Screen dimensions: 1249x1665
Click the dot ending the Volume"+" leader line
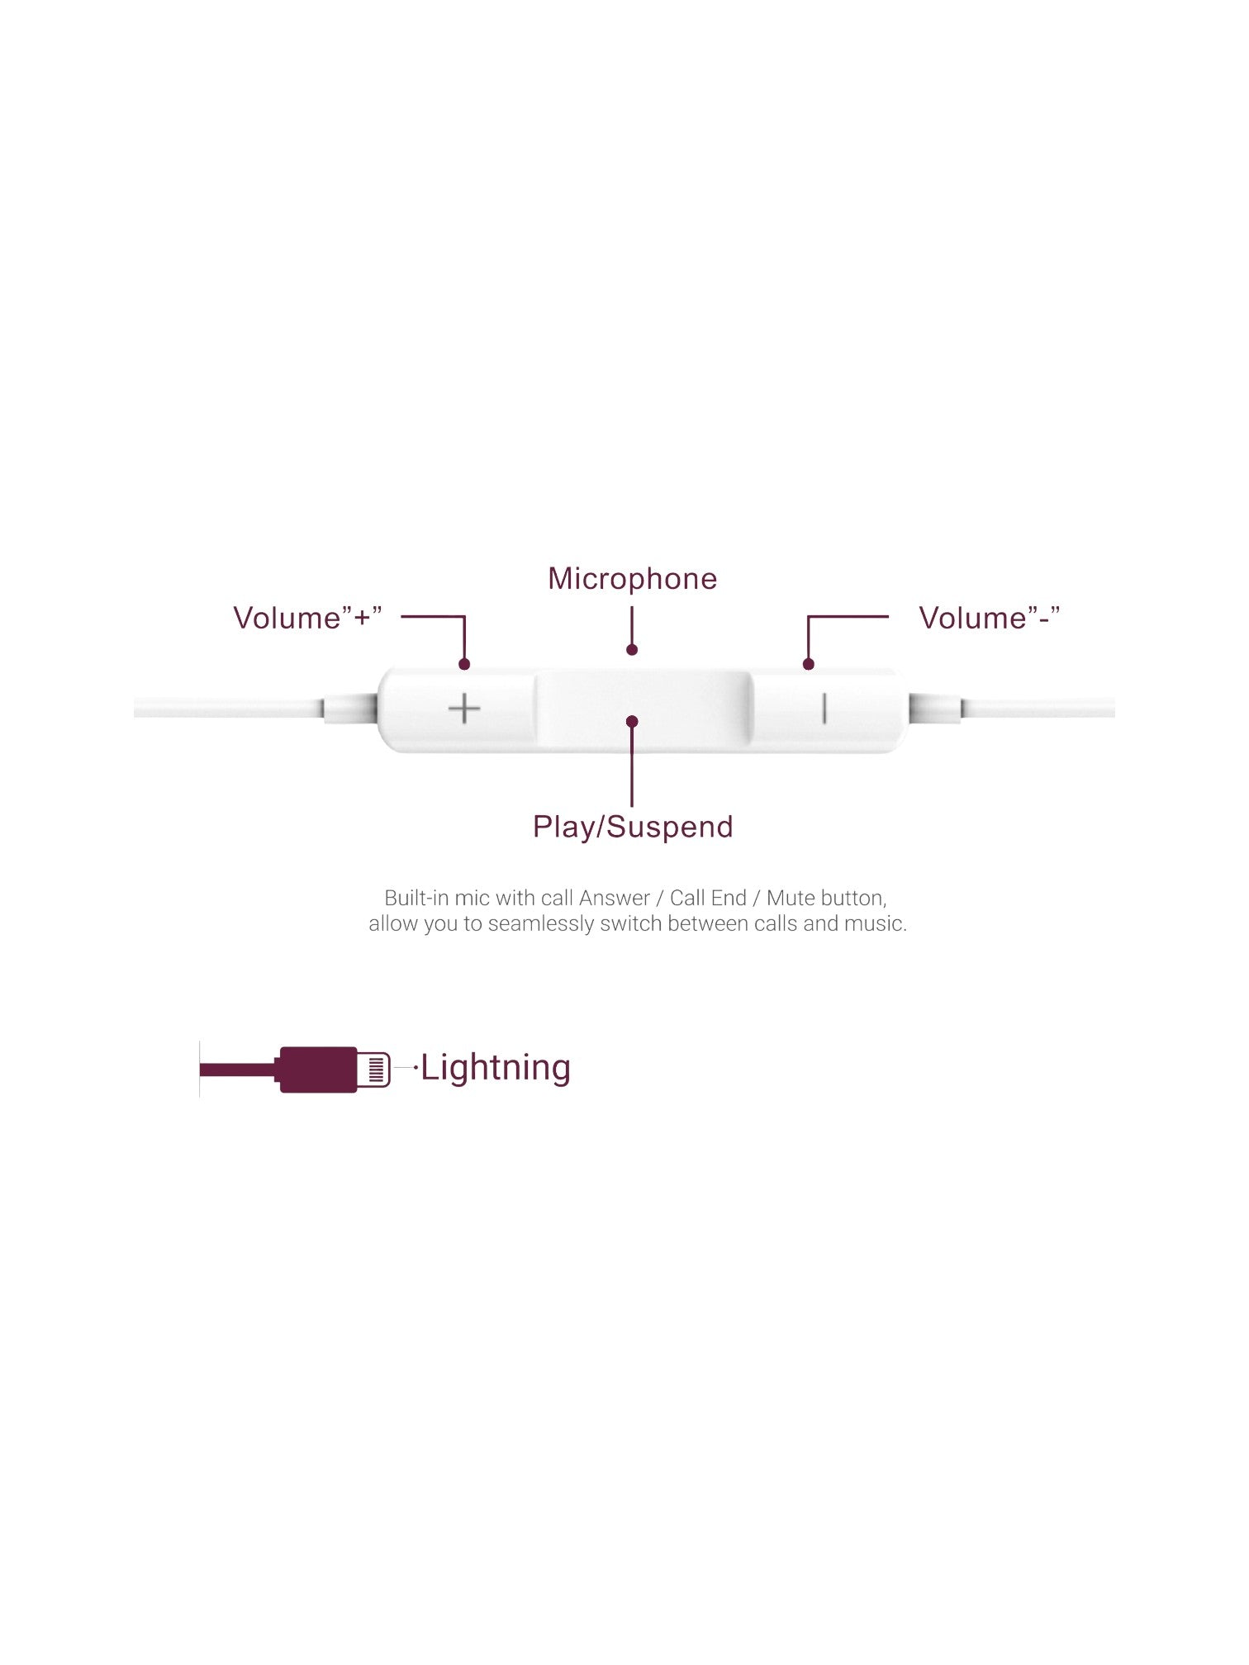coord(464,664)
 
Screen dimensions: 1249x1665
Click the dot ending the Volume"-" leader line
coord(809,664)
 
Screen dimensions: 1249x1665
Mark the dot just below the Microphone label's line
coord(632,650)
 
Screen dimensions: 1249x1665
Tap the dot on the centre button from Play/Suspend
coord(632,722)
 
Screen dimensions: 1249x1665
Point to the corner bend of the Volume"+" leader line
coord(464,617)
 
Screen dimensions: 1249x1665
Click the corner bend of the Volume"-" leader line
coord(809,617)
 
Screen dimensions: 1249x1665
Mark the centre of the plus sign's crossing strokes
coord(464,709)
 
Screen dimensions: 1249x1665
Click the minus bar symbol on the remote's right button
coord(824,709)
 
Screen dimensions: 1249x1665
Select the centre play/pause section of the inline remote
coord(644,711)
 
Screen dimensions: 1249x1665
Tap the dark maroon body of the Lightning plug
coord(318,1070)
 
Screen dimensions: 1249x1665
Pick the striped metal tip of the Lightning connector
coord(374,1070)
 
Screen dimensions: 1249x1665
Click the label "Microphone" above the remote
coord(633,579)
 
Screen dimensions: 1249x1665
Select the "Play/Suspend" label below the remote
coord(633,827)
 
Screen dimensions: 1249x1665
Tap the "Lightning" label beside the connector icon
coord(496,1068)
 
